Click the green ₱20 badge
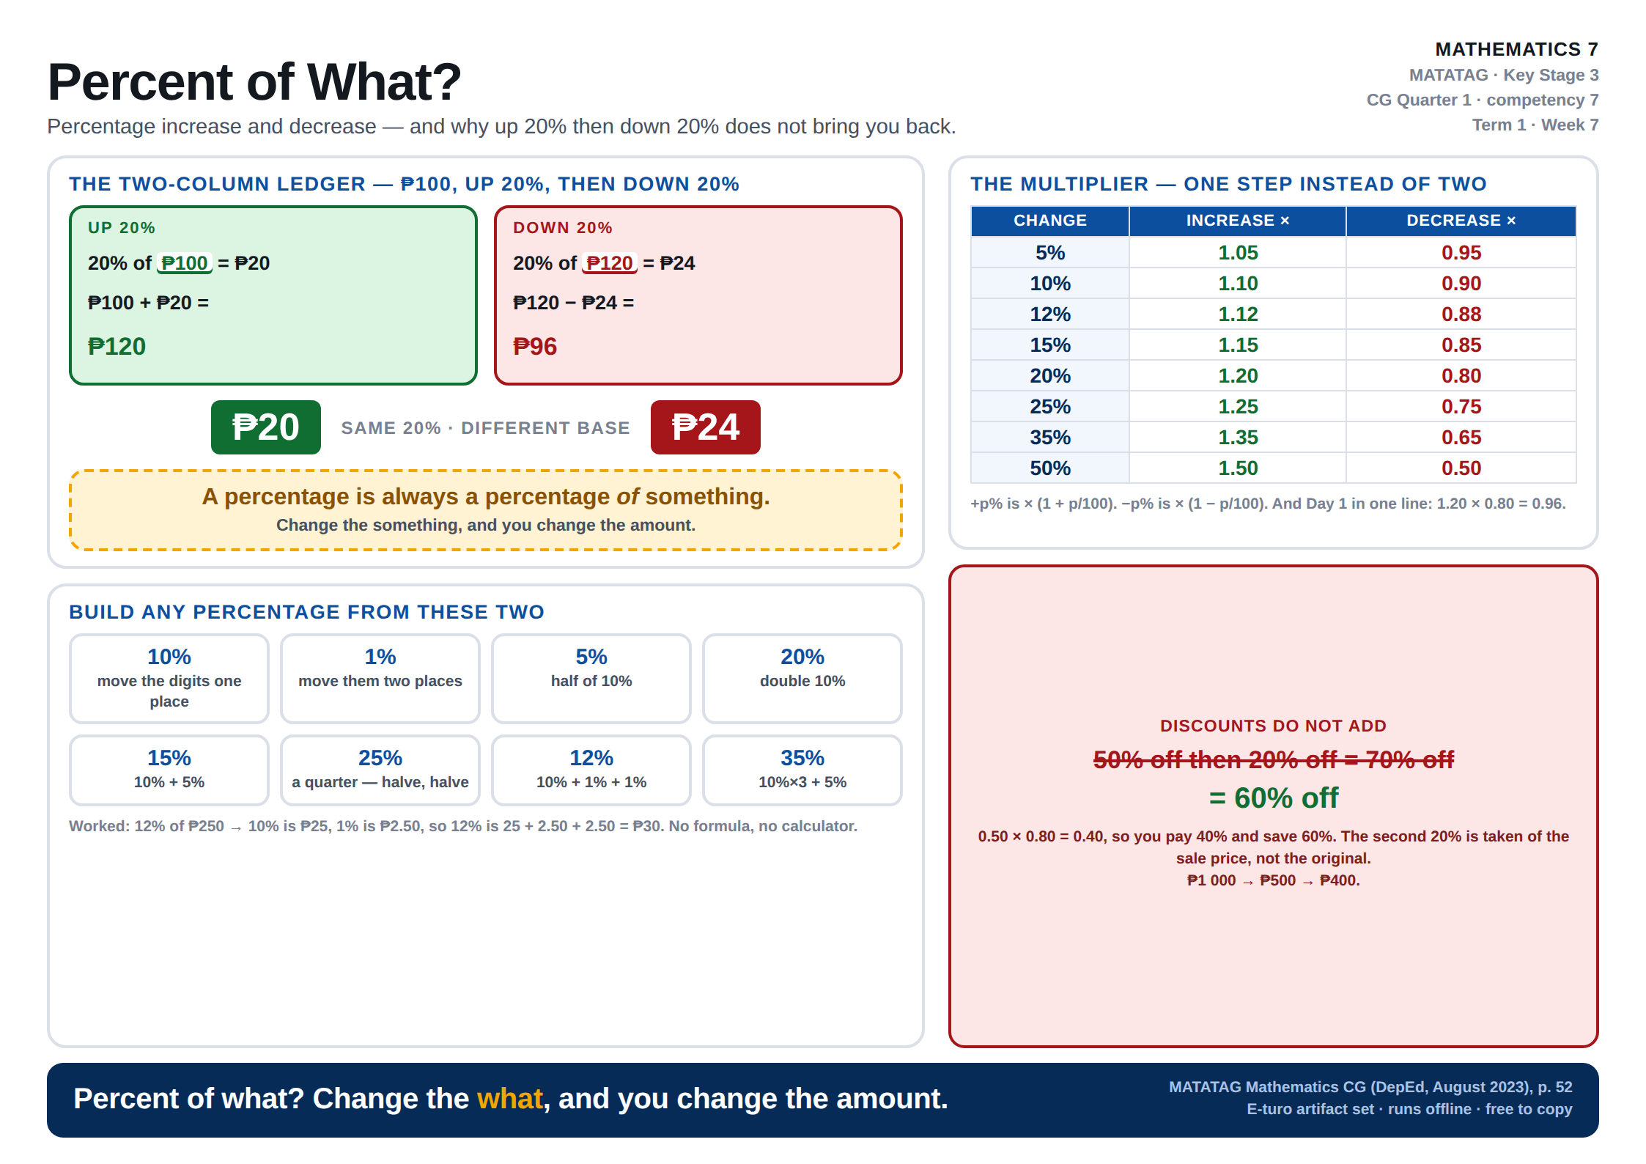pyautogui.click(x=265, y=427)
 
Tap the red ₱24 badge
pyautogui.click(x=705, y=427)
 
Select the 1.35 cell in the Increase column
pyautogui.click(x=1238, y=438)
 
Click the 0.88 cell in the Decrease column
pyautogui.click(x=1461, y=314)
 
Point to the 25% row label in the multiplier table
pyautogui.click(x=1050, y=407)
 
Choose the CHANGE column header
pyautogui.click(x=1050, y=221)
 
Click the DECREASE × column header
pyautogui.click(x=1461, y=221)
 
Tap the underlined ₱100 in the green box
pyautogui.click(x=185, y=263)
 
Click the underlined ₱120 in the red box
pyautogui.click(x=610, y=263)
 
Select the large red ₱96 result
pyautogui.click(x=535, y=346)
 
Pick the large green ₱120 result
pyautogui.click(x=117, y=346)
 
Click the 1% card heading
pyautogui.click(x=380, y=657)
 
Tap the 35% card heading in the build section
pyautogui.click(x=802, y=758)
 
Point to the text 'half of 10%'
pyautogui.click(x=591, y=681)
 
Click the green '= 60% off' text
pyautogui.click(x=1274, y=798)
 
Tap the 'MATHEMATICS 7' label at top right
pyautogui.click(x=1516, y=49)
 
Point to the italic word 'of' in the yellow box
pyautogui.click(x=627, y=497)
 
